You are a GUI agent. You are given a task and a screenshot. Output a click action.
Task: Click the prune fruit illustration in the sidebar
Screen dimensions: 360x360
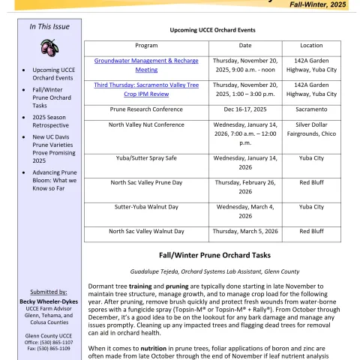49,48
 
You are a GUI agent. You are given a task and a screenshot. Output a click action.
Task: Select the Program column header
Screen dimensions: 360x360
146,45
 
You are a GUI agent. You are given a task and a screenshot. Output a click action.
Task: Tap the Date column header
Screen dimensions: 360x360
245,45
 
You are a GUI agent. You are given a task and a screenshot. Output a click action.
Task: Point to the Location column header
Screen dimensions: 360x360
311,45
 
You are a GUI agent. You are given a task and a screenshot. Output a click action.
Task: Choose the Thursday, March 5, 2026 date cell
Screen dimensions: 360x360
245,231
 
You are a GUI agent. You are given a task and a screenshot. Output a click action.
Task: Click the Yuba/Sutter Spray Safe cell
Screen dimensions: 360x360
146,158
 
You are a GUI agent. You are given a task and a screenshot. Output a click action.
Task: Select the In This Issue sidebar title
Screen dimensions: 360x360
49,27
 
